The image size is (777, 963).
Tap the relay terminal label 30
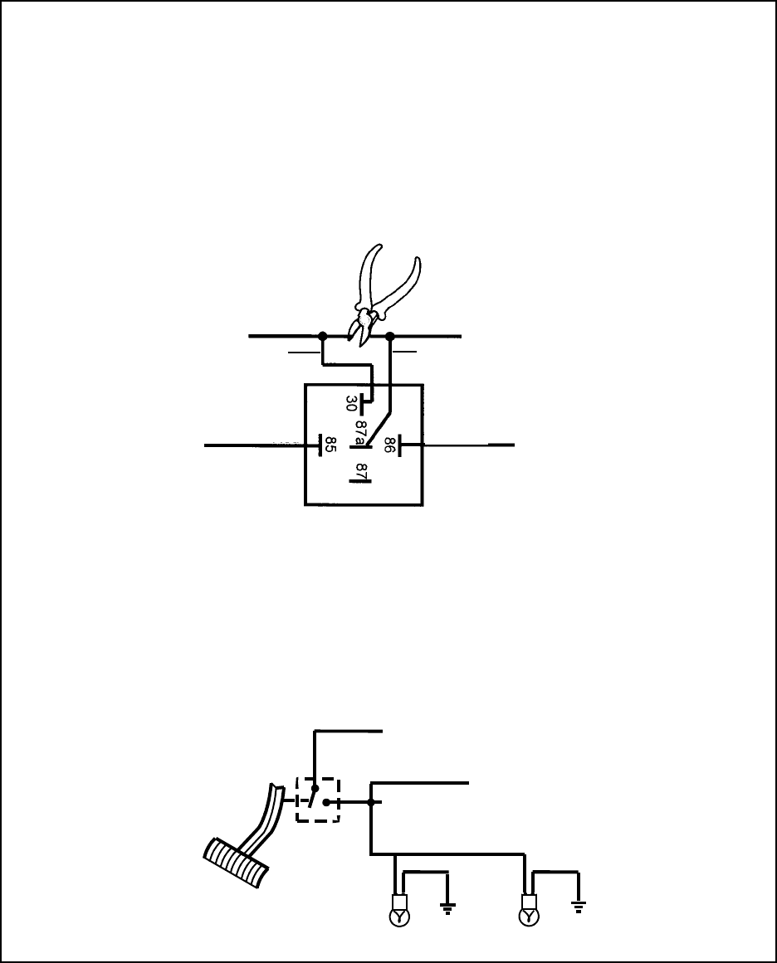click(x=351, y=404)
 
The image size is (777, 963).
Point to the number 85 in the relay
click(x=330, y=445)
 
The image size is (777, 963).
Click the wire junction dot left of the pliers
click(x=322, y=337)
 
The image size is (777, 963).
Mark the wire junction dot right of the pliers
click(x=390, y=337)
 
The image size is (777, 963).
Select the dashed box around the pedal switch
click(x=318, y=800)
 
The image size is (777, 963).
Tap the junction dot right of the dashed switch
click(x=371, y=802)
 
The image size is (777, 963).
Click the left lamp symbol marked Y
click(x=400, y=917)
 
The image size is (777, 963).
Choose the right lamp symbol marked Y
click(x=528, y=917)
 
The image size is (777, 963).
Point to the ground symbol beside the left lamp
click(x=448, y=908)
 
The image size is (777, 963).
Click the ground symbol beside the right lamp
click(x=577, y=907)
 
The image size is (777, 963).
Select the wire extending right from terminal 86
click(x=465, y=445)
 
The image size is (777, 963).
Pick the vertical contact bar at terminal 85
click(x=320, y=445)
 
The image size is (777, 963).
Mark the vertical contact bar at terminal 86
click(x=400, y=445)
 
